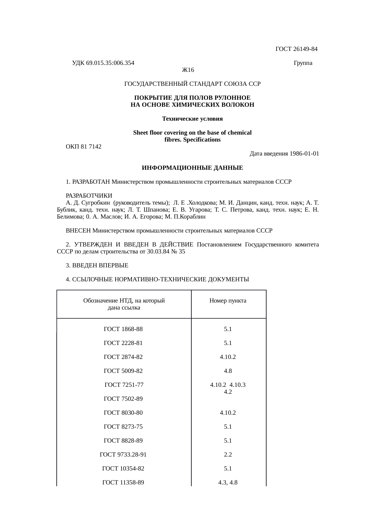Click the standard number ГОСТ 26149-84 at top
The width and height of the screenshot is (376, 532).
(296, 49)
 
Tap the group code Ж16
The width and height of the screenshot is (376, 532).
(188, 70)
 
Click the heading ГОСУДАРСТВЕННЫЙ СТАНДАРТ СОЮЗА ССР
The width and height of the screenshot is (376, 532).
(192, 84)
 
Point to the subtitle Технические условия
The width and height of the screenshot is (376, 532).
(192, 119)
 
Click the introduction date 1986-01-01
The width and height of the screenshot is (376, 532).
(304, 154)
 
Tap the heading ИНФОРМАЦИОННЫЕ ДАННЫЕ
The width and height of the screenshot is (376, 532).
(192, 168)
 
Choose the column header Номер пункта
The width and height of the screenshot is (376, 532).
(228, 301)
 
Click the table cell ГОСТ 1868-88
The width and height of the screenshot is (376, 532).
(123, 329)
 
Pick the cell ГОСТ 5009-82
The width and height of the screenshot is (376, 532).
(123, 371)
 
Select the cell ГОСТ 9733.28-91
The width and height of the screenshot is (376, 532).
(123, 455)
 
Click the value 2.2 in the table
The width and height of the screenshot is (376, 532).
(228, 455)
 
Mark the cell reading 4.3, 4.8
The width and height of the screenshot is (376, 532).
(228, 483)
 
